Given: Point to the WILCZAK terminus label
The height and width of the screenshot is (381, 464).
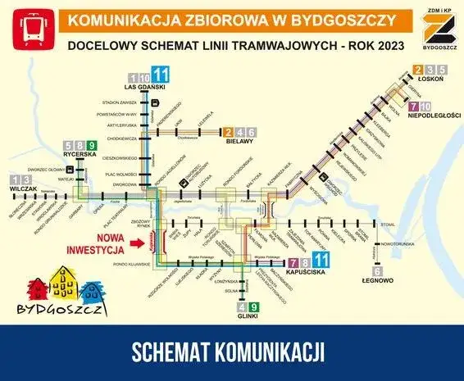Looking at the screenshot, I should (25, 188).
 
